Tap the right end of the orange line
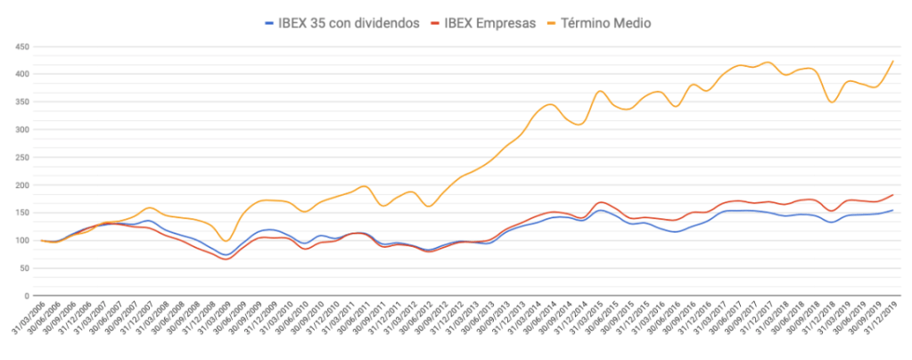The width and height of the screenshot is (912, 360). (x=892, y=61)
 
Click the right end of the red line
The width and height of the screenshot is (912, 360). (x=892, y=194)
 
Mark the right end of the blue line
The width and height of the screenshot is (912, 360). (x=892, y=210)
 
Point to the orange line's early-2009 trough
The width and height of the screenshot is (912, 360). (x=226, y=241)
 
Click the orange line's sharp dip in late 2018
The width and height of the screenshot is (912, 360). (x=832, y=102)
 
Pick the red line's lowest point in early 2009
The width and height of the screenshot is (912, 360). (x=225, y=259)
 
